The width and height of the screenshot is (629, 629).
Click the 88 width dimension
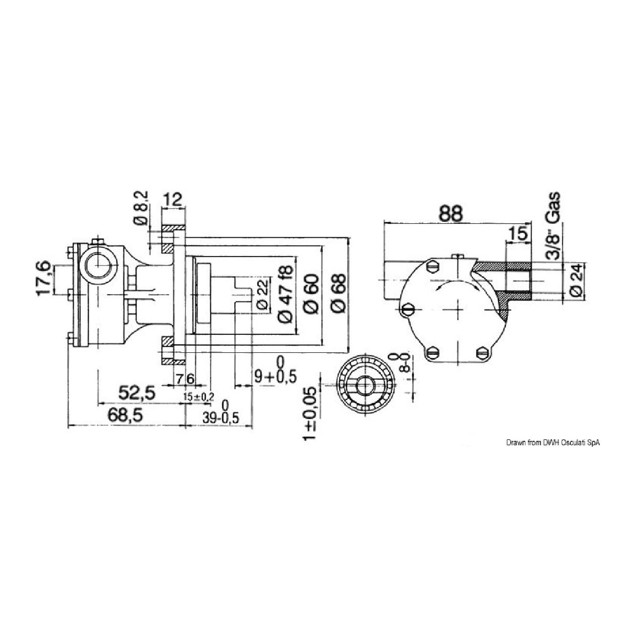450,214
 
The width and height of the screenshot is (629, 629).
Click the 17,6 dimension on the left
45,279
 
